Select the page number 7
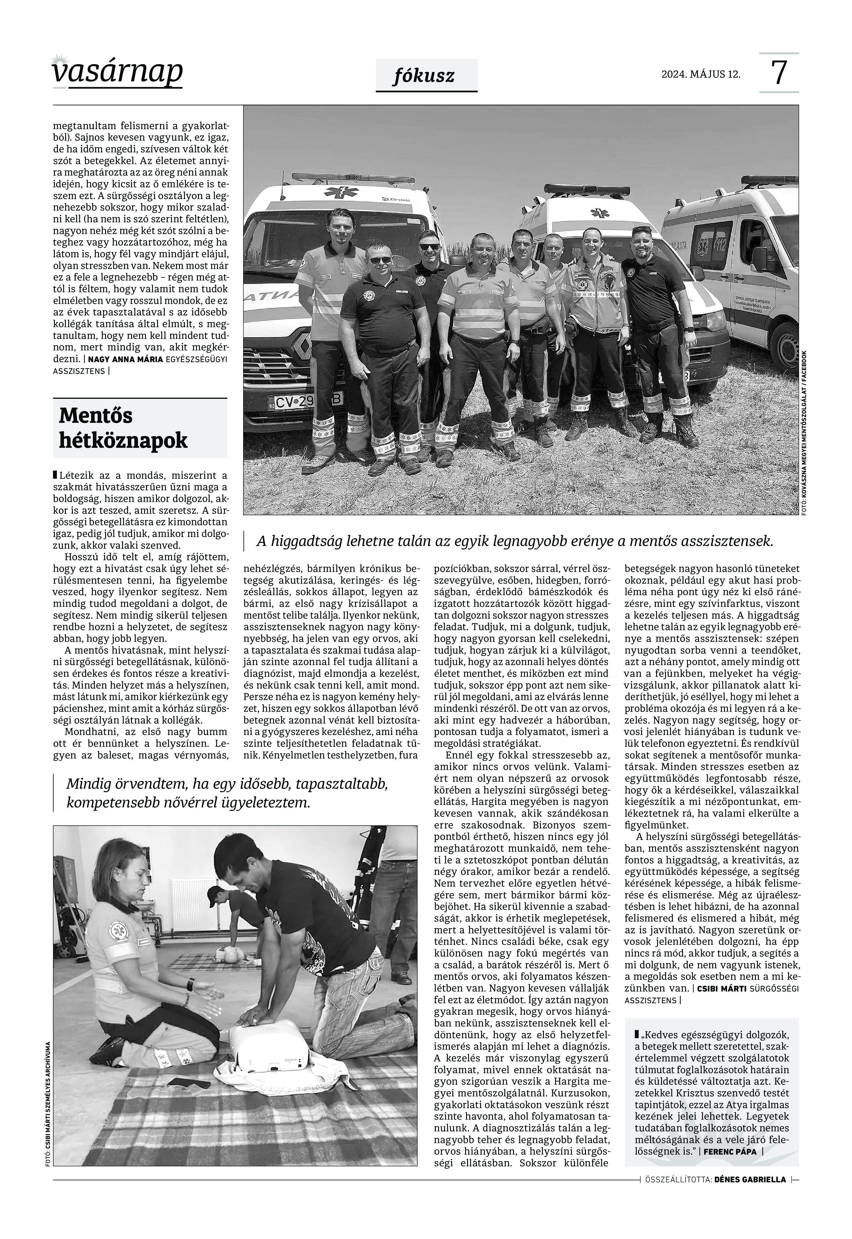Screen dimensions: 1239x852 point(779,73)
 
